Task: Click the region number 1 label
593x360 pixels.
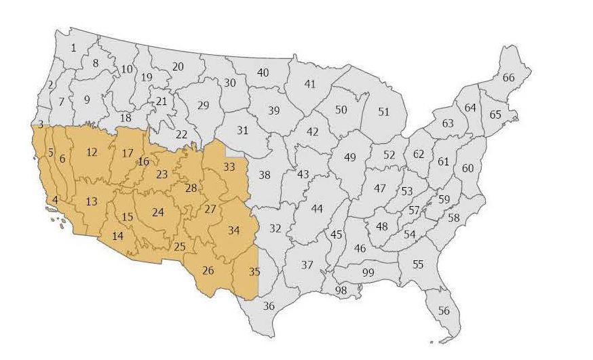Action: coord(73,47)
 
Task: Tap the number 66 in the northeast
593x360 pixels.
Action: coord(508,78)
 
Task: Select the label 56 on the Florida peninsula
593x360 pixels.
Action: coord(444,311)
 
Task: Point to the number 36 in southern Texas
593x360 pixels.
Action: coord(269,306)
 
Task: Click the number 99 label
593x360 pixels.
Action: coord(368,272)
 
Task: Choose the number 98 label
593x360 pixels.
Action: coord(341,290)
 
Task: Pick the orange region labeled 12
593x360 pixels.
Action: coord(92,153)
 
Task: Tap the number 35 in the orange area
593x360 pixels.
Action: coord(254,273)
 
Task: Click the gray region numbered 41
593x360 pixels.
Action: coord(310,84)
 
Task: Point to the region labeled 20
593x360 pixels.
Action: coord(178,66)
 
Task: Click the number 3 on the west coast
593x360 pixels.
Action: coord(41,124)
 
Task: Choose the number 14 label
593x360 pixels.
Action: coord(118,236)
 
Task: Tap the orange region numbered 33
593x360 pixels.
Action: coord(229,167)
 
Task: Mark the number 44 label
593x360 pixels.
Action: coord(317,208)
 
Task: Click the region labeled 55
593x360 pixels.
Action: coord(418,264)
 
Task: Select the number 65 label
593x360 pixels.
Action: coord(495,115)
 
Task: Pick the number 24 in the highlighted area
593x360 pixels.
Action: coord(158,212)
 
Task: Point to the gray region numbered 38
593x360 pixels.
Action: coord(265,175)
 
